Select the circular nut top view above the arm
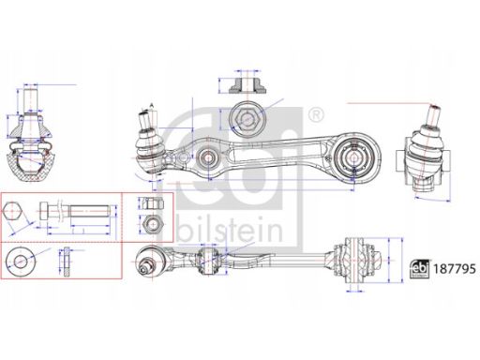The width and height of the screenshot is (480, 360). tap(245, 119)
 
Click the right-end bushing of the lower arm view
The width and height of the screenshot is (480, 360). tap(360, 257)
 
